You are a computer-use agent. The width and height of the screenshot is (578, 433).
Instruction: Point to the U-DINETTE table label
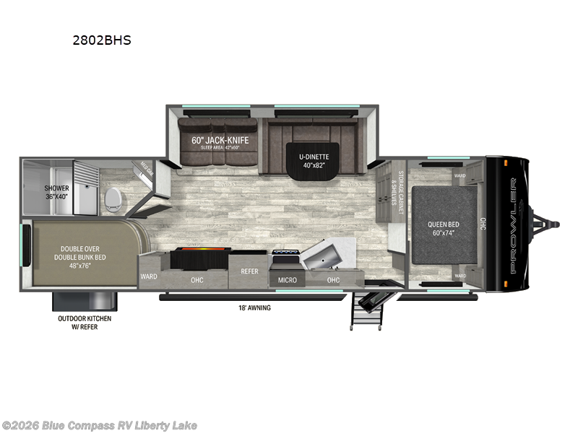(314, 159)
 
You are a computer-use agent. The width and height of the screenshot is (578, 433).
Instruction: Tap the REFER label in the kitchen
(249, 272)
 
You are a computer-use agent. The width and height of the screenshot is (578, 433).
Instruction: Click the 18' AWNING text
(254, 308)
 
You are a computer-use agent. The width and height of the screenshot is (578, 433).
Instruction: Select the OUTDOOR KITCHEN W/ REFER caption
(85, 322)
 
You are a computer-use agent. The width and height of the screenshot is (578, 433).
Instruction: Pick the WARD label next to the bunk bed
(148, 276)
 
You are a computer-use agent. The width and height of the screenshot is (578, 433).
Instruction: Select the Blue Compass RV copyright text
(100, 425)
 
